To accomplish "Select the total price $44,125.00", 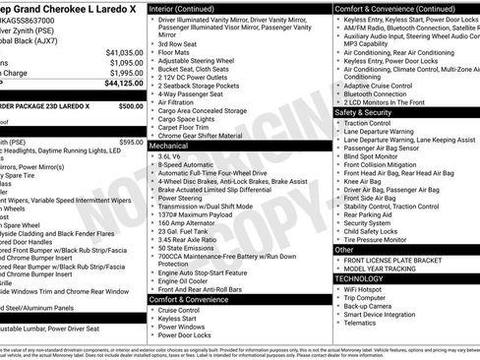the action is click(x=124, y=85).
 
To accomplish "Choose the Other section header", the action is click(x=344, y=250).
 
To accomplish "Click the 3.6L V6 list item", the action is click(x=170, y=155).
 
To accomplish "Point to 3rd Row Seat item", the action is click(x=177, y=43).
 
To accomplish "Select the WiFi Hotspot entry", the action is click(x=365, y=289).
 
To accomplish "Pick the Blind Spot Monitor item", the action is click(x=372, y=155).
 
